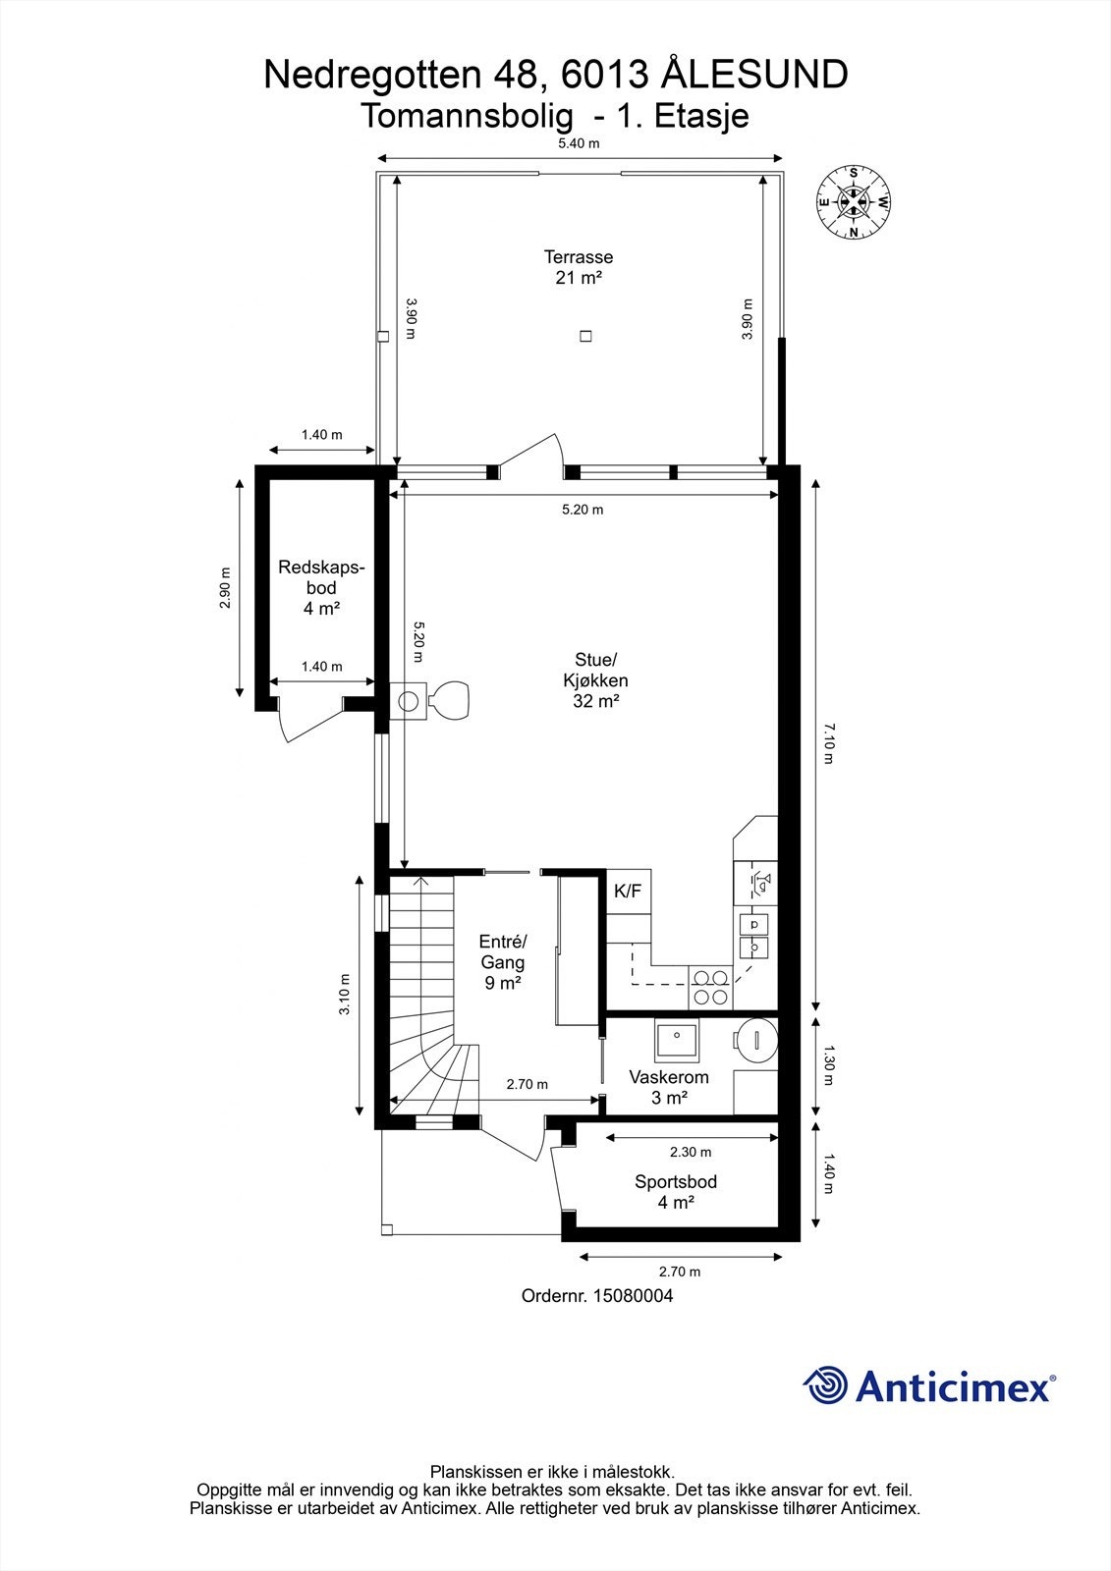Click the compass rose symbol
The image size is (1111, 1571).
click(x=854, y=202)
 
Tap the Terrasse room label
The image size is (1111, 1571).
click(x=579, y=267)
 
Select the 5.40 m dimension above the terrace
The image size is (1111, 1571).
click(x=579, y=143)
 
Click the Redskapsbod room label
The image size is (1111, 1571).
click(x=321, y=588)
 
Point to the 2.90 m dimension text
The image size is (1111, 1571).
click(x=225, y=588)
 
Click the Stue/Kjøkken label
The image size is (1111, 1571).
click(x=595, y=680)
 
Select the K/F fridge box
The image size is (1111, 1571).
click(x=628, y=892)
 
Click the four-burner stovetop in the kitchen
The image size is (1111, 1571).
click(x=710, y=988)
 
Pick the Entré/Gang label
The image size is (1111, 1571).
click(x=503, y=962)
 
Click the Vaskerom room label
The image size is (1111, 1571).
click(x=669, y=1086)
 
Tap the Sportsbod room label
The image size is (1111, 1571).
click(x=676, y=1192)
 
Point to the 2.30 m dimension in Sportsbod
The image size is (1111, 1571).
click(x=691, y=1152)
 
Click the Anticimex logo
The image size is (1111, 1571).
click(x=928, y=1385)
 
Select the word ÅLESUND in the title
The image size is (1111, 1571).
click(x=754, y=75)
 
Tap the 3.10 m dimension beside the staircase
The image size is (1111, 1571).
click(x=345, y=994)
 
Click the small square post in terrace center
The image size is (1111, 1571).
click(x=585, y=336)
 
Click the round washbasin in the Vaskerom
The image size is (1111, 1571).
click(x=756, y=1041)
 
